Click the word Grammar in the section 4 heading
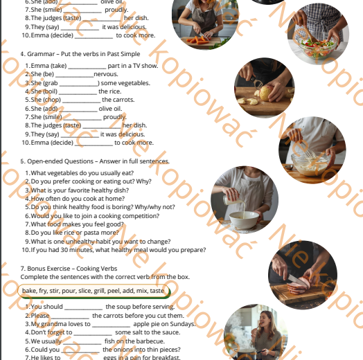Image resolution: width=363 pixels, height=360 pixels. point(39,53)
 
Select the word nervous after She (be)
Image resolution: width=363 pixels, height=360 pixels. point(107,73)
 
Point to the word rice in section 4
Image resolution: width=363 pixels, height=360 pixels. point(114,91)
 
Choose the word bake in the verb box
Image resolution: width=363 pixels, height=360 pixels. point(30,291)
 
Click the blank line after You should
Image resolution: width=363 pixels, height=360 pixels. point(83,307)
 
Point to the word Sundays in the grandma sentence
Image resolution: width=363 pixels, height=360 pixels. point(182,323)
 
